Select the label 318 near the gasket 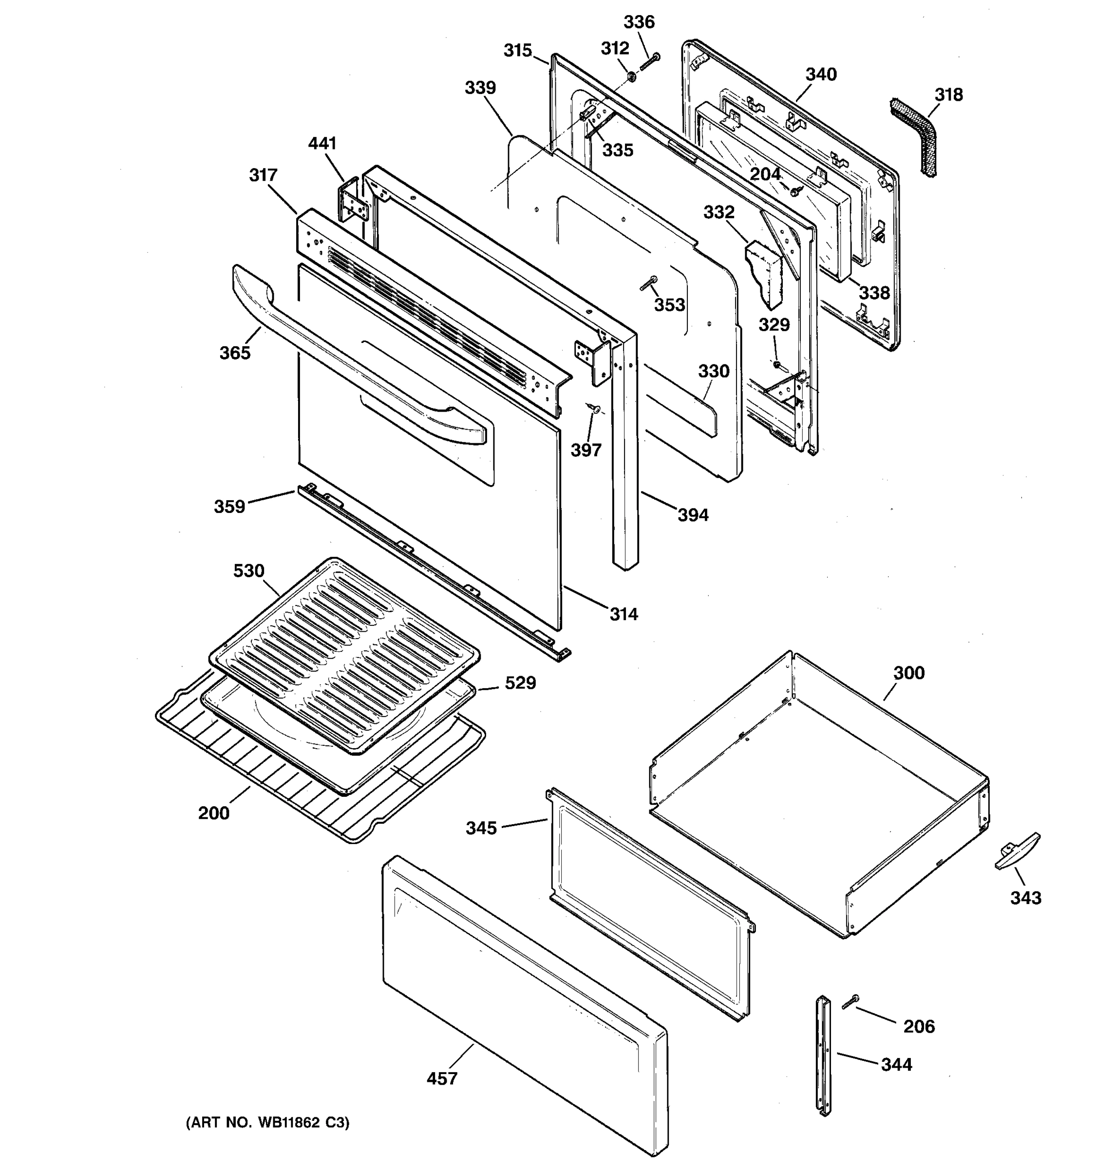(x=948, y=94)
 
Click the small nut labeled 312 (x=630, y=76)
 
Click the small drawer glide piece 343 (x=1017, y=851)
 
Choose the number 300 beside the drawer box (x=908, y=673)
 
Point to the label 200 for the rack (x=213, y=813)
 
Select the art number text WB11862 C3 (x=267, y=1123)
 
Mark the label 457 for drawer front (x=442, y=1078)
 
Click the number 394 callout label (x=693, y=515)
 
